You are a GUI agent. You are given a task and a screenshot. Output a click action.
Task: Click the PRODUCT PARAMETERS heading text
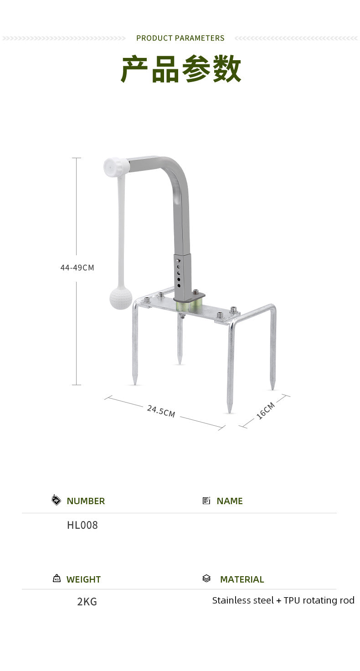180,38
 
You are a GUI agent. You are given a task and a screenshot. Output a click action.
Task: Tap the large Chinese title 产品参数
180,69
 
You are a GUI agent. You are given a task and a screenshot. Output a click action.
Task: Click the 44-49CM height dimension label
77,268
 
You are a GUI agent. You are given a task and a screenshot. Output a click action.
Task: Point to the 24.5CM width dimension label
161,411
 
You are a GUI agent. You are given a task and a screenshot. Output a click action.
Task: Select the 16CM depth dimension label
266,411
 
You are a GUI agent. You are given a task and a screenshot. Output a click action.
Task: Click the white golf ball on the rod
120,299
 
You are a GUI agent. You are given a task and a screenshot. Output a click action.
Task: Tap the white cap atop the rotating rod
116,166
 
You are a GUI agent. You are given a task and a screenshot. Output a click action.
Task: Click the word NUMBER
86,501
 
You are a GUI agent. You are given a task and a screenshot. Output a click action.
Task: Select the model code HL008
82,525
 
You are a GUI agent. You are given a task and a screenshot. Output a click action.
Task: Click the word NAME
230,501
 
